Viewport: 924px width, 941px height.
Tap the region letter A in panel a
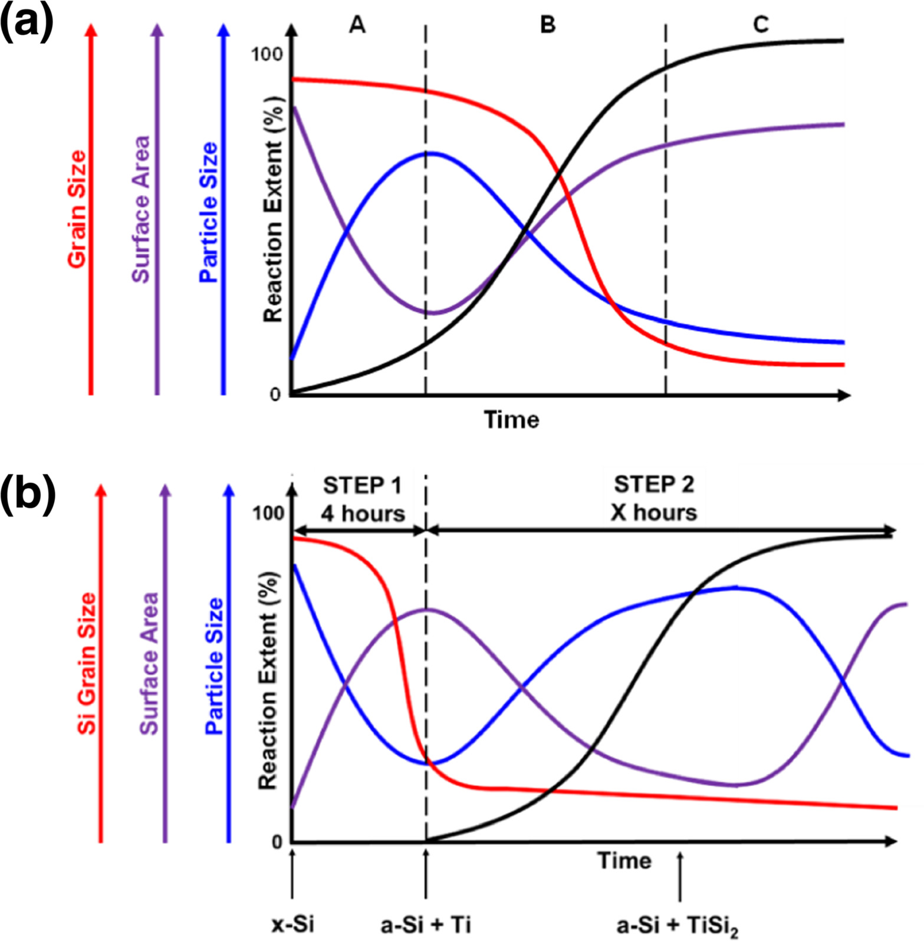tap(357, 25)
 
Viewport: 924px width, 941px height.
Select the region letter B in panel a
tap(548, 25)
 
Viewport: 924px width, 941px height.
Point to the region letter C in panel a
tap(761, 25)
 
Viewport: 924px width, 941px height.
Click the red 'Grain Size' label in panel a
tap(77, 209)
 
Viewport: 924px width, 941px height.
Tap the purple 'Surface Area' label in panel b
tap(149, 663)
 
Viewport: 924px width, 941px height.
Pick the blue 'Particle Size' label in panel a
tap(209, 212)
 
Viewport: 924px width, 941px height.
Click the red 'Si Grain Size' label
tap(87, 663)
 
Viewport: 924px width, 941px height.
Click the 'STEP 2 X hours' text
tap(653, 498)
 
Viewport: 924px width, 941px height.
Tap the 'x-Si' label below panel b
tap(292, 923)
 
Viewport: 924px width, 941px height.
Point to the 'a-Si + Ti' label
tap(426, 923)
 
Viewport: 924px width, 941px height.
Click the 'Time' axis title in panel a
tap(511, 420)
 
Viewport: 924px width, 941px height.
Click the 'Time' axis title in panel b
tap(624, 861)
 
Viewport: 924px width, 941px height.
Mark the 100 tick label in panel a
tap(267, 54)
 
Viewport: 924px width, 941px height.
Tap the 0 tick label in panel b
tap(277, 843)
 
